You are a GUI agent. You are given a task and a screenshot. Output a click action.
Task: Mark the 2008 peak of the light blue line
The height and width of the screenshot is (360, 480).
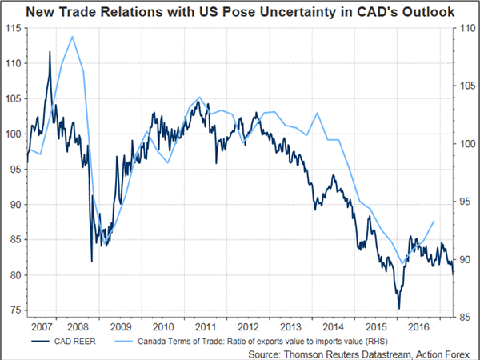(x=72, y=37)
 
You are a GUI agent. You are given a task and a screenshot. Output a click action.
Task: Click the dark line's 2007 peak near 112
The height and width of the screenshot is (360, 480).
(x=50, y=52)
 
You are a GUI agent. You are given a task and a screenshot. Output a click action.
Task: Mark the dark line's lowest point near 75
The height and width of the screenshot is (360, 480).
(x=398, y=308)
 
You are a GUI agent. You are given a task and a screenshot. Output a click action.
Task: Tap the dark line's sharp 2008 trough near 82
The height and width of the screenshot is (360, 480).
(x=91, y=261)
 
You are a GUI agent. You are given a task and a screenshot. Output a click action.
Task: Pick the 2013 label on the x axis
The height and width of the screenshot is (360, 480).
(x=289, y=326)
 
